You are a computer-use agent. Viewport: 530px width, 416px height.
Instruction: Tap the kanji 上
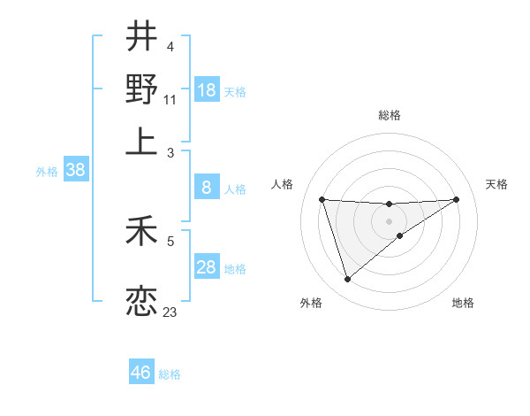tap(141, 140)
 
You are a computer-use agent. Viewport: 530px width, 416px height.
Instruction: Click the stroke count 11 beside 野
tap(170, 100)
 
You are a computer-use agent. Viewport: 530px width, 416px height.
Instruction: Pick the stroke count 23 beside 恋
tap(170, 312)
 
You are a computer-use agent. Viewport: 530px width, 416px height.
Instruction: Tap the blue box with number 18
tap(207, 89)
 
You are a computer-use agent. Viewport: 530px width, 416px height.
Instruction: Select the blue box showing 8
tap(207, 187)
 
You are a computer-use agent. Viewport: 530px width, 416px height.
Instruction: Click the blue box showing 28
tap(207, 267)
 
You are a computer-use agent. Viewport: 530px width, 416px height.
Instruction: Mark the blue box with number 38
tap(75, 170)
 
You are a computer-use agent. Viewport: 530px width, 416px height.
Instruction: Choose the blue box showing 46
tap(141, 373)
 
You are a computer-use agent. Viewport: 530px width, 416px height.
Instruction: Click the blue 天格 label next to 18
tap(235, 91)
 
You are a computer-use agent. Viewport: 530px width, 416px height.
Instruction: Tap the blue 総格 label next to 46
tap(170, 374)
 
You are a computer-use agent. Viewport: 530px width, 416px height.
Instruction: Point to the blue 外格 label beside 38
tap(47, 172)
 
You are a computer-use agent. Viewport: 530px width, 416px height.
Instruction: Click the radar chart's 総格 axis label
tap(390, 115)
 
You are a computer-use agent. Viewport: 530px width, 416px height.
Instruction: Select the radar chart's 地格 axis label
tap(463, 304)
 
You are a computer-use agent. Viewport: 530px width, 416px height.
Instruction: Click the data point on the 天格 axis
tap(456, 199)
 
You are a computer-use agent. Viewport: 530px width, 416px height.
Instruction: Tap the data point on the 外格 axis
tap(347, 280)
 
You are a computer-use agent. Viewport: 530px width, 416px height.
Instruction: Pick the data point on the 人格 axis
tap(322, 199)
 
